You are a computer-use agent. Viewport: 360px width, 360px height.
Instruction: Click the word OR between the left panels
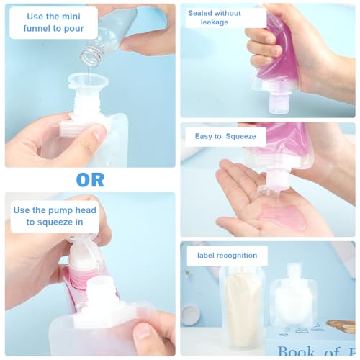click(89, 179)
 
